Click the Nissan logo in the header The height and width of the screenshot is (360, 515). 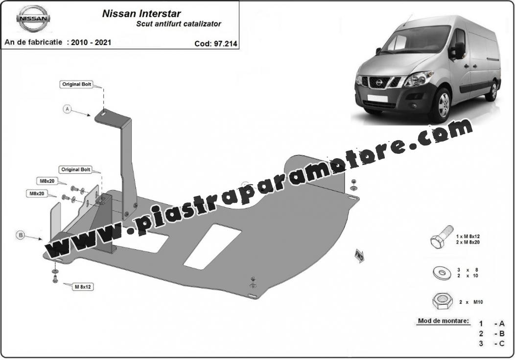(33, 19)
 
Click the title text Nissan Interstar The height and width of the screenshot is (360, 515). (141, 13)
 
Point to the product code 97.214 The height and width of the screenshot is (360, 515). (225, 44)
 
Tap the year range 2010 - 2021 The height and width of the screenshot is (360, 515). (91, 42)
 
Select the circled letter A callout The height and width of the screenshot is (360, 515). (68, 109)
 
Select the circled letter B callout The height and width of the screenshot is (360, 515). (21, 235)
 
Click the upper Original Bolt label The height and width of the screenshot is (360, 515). (76, 84)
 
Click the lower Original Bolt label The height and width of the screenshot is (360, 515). (75, 169)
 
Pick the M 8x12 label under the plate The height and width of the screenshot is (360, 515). (83, 287)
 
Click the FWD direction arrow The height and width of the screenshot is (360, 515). (359, 256)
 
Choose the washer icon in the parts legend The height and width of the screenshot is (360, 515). (442, 273)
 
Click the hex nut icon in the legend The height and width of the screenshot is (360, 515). (442, 301)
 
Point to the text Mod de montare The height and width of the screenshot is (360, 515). (444, 321)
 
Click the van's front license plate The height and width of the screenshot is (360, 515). (377, 97)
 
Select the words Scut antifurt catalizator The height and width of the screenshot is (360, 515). (179, 24)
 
